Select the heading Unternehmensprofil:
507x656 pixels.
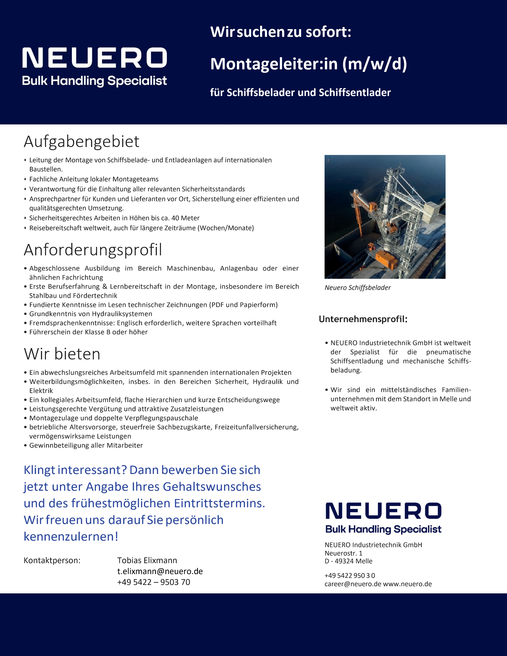pos(363,319)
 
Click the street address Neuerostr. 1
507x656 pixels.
pos(343,553)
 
